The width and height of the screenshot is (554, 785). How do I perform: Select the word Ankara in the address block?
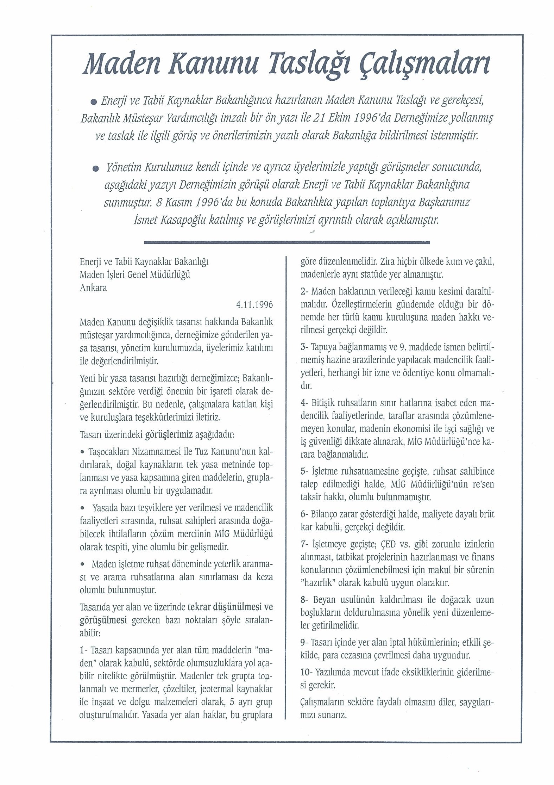[93, 288]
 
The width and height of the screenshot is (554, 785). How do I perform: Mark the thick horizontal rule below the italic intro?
[287, 242]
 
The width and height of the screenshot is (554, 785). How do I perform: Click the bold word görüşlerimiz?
[169, 435]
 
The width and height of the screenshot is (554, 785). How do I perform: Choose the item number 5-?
[304, 471]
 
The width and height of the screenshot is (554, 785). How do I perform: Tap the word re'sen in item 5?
[483, 484]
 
